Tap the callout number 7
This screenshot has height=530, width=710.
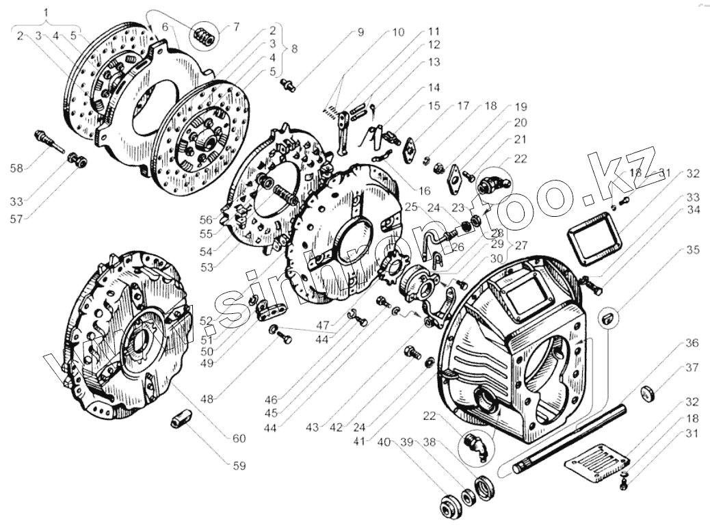[x=237, y=27]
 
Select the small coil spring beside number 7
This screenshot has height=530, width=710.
[x=205, y=36]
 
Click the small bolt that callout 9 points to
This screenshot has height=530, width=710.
[x=289, y=85]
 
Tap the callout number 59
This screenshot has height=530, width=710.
[x=239, y=466]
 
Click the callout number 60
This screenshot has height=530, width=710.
[x=239, y=438]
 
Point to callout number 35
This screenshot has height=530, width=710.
[x=693, y=250]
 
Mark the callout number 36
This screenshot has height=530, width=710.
[x=692, y=342]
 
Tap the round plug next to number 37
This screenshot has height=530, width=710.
[x=649, y=395]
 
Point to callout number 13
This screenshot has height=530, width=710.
[x=435, y=62]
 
